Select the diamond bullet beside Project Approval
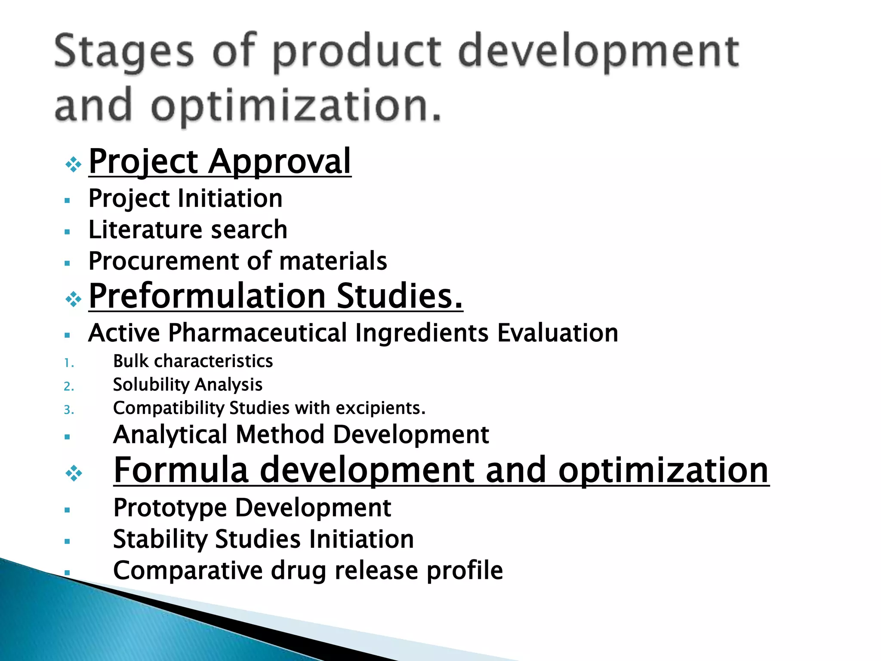(x=74, y=164)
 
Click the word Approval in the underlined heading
(x=280, y=162)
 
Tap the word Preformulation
(x=207, y=296)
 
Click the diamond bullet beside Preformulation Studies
(x=74, y=300)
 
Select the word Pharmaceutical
(x=257, y=333)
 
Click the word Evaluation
(x=558, y=333)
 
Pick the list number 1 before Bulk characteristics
(x=69, y=364)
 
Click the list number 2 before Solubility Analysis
(x=69, y=387)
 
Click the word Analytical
(x=170, y=434)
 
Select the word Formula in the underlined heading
(x=181, y=470)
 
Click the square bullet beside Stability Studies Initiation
(x=67, y=541)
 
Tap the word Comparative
(x=188, y=571)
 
